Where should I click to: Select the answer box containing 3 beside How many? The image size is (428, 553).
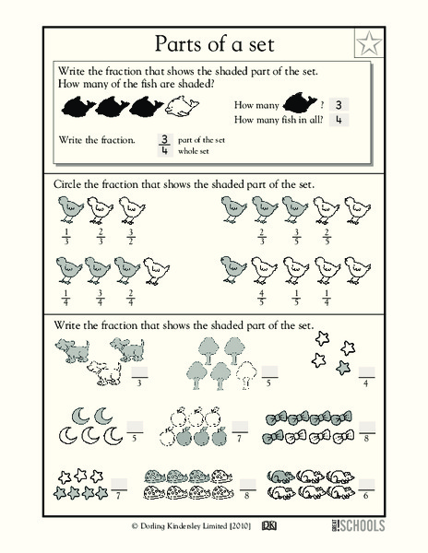tap(339, 104)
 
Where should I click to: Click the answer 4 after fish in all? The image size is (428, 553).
tap(339, 120)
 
